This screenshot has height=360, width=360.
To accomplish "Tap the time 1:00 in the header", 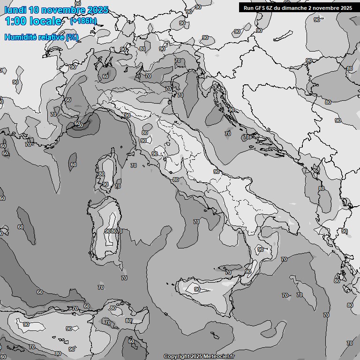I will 15,22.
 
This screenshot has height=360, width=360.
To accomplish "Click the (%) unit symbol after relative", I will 72,37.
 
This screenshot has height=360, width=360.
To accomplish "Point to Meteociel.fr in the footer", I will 218,356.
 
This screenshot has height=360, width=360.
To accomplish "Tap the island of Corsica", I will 107,171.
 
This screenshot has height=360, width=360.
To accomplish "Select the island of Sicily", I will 206,293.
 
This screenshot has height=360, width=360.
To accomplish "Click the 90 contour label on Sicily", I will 197,289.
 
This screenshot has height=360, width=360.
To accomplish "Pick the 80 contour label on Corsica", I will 102,174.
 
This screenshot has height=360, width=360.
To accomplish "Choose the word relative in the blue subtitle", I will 49,37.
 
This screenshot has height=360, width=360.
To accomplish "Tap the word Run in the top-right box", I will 248,8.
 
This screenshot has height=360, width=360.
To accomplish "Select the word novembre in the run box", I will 324,8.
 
